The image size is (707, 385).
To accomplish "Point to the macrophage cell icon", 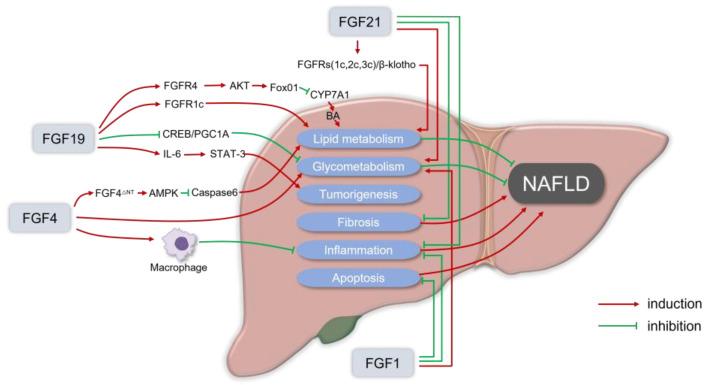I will coord(181,244).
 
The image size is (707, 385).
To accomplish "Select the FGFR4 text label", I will coord(181,87).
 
